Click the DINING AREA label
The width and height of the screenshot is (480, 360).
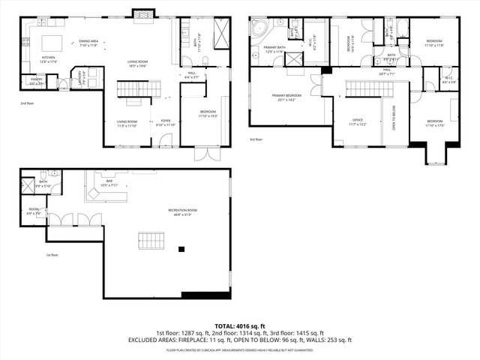pos(89,43)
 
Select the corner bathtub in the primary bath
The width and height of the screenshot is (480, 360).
pos(259,29)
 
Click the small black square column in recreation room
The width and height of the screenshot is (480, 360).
pos(181,249)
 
